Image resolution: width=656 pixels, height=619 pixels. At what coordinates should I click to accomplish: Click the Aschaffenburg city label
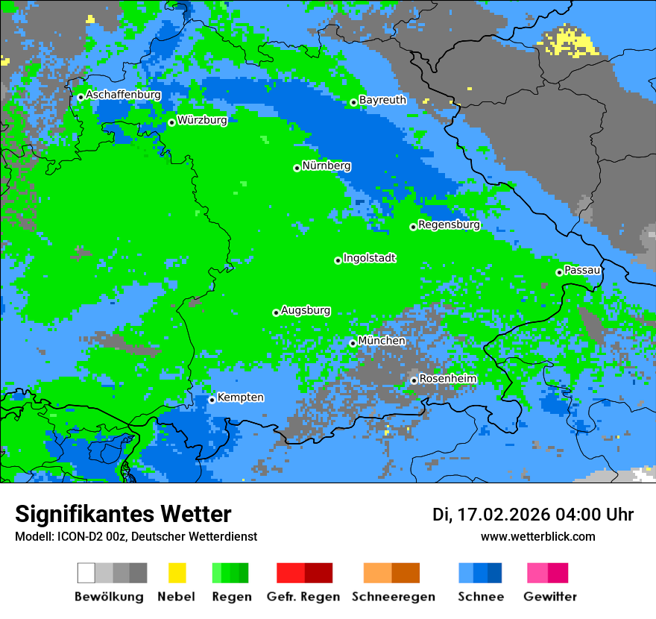[x=123, y=95]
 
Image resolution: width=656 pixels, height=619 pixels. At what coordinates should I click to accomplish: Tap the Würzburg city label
[x=202, y=120]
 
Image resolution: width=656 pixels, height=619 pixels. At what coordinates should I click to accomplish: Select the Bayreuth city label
[x=382, y=100]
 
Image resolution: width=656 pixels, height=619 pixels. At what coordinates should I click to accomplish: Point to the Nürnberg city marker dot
[x=297, y=168]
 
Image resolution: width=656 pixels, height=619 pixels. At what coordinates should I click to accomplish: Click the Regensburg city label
[x=449, y=224]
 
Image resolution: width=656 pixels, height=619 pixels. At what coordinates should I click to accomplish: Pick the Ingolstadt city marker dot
[x=338, y=260]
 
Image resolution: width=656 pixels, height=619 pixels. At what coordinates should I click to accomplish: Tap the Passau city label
[x=582, y=270]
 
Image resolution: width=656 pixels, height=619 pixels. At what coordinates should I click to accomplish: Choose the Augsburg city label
[x=306, y=310]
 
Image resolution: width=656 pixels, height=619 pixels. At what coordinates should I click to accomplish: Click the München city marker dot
[x=353, y=343]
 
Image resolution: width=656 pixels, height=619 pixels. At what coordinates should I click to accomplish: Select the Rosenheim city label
[x=447, y=379]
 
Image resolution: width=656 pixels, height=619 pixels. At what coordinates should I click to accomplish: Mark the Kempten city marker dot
[x=212, y=400]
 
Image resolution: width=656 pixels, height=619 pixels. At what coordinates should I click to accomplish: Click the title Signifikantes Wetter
[x=123, y=514]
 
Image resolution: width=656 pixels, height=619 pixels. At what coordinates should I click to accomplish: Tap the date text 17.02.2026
[x=503, y=515]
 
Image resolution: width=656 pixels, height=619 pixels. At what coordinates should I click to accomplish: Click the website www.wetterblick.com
[x=537, y=536]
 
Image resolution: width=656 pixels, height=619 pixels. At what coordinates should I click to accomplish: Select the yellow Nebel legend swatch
[x=177, y=573]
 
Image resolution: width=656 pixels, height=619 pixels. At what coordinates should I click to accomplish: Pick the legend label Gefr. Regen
[x=303, y=597]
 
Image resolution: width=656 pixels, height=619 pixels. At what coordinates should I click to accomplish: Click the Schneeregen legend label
[x=393, y=597]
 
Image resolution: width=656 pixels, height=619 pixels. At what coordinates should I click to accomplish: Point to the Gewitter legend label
[x=549, y=597]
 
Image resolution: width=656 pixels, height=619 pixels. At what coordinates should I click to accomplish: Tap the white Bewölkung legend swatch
[x=86, y=573]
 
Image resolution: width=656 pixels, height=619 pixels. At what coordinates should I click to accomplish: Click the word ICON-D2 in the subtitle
[x=76, y=536]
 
